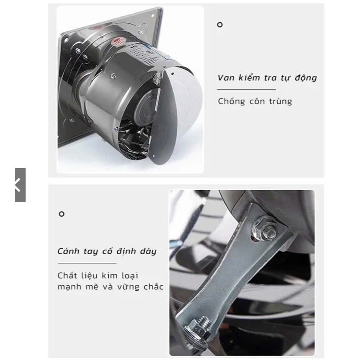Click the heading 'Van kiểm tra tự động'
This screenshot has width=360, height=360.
coord(267,77)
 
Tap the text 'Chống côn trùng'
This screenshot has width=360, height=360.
coord(255,101)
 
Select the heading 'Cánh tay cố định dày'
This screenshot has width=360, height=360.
coord(107,251)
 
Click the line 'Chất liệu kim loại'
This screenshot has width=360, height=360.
coord(98,276)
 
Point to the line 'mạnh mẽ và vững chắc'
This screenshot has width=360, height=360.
coord(110,287)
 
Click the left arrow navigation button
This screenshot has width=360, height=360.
coord(20,185)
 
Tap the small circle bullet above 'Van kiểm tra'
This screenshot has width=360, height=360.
coord(220,25)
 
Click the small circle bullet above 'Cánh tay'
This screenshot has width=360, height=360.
coord(62,214)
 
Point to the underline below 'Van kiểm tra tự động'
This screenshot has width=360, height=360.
coord(246,89)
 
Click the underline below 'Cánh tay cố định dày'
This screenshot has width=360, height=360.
coord(87,263)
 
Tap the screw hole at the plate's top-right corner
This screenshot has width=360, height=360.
coord(153,16)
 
